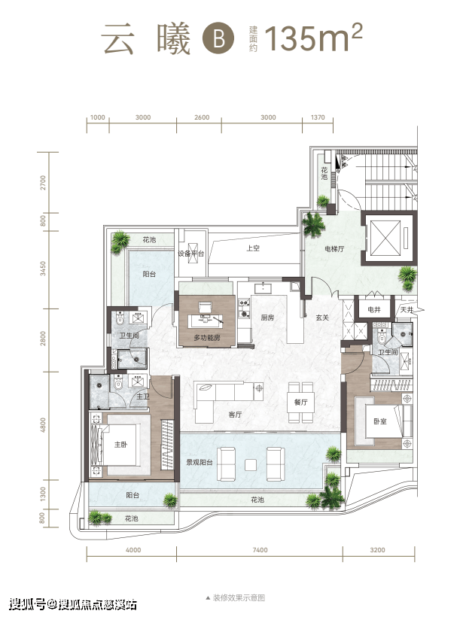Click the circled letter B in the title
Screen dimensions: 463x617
(x=218, y=38)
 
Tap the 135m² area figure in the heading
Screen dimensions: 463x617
(x=313, y=38)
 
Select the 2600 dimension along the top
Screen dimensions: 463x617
(x=202, y=117)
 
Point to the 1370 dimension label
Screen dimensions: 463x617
(x=318, y=117)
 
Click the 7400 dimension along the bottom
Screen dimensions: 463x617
(x=260, y=550)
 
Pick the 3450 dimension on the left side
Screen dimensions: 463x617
(x=43, y=269)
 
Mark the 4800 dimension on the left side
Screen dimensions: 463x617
(x=43, y=425)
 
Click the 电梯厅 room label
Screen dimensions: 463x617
(x=334, y=249)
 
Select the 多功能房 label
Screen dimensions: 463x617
(x=207, y=338)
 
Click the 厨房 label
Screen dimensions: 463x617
(x=267, y=318)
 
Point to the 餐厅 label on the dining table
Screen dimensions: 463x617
(x=300, y=402)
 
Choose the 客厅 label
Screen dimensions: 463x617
(x=235, y=415)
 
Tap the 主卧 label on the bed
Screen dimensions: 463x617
(x=120, y=445)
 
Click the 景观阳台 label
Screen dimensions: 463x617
(x=200, y=463)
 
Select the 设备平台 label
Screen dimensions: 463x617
(x=191, y=254)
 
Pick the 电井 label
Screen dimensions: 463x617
(x=374, y=310)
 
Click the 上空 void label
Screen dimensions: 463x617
(x=253, y=248)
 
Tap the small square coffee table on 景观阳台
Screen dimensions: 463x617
(x=251, y=465)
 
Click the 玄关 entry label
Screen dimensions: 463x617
(x=322, y=318)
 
